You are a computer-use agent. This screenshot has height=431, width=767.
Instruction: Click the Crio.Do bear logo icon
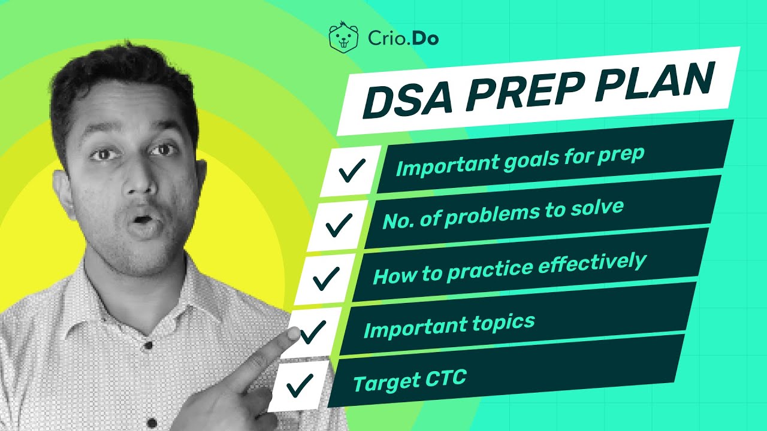[343, 38]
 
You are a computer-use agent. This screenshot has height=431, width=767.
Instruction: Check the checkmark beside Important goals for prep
[352, 171]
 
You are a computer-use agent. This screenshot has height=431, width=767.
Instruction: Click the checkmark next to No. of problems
[339, 226]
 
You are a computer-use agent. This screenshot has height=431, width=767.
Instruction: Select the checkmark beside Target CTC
[300, 385]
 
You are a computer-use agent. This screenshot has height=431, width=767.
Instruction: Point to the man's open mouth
[141, 223]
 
